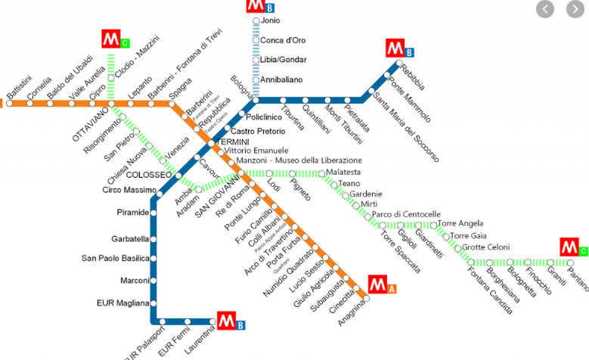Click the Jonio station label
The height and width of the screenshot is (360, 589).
[269, 20]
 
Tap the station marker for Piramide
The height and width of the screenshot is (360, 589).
[153, 213]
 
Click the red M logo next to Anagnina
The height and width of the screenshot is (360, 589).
[378, 286]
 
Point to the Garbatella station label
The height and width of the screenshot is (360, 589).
[131, 239]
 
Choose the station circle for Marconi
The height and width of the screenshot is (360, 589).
[153, 281]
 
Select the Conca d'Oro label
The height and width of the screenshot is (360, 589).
[282, 40]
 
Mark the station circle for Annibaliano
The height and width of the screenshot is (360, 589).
[256, 79]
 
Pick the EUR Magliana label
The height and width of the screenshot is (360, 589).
[123, 303]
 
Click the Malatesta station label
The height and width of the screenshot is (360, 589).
[345, 173]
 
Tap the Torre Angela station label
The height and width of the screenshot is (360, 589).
[460, 224]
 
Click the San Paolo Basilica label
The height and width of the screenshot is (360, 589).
[116, 259]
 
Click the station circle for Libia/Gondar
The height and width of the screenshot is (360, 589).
[256, 60]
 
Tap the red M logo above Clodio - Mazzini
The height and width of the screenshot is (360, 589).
[111, 39]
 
